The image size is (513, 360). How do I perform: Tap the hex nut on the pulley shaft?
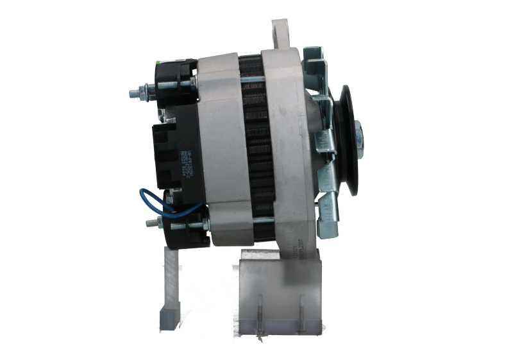[358, 135]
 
